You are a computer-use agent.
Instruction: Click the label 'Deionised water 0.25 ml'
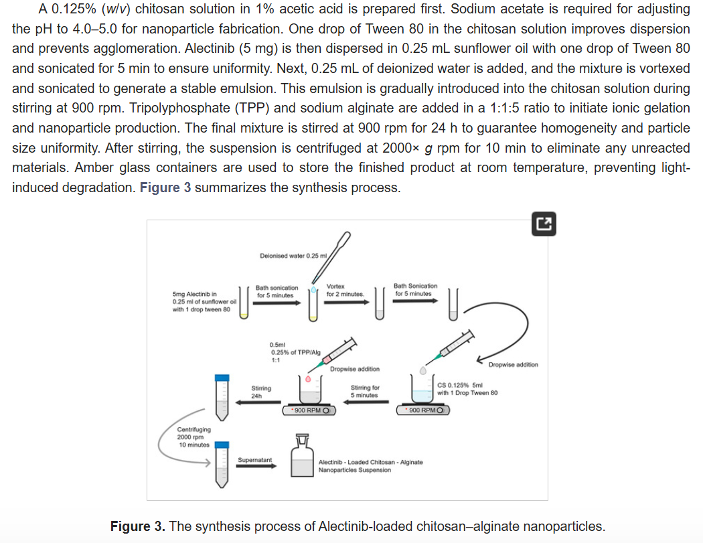coord(292,256)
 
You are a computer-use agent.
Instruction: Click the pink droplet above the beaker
coord(308,378)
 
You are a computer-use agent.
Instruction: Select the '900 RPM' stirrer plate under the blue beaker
coord(423,410)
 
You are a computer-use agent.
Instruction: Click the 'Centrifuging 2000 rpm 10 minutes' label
coord(193,437)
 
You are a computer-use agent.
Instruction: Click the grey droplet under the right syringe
coord(422,370)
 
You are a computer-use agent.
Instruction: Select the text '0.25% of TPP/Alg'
coord(295,352)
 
